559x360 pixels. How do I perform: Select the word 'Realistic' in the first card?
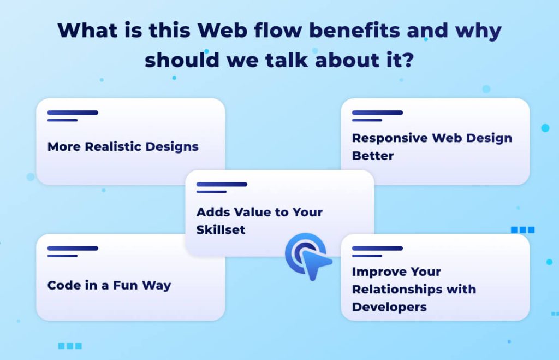tap(114, 146)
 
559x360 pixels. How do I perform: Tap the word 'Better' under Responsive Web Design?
tap(372, 156)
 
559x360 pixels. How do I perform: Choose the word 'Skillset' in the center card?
tap(221, 229)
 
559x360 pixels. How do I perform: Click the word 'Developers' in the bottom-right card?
tap(389, 306)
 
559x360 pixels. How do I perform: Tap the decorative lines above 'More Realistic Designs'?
tap(72, 116)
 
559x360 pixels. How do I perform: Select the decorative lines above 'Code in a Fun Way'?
tap(72, 251)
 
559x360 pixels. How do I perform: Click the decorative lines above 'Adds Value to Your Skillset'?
tap(221, 187)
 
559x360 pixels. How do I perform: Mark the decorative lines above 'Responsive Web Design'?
tap(377, 116)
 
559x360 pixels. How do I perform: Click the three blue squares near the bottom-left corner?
tap(69, 346)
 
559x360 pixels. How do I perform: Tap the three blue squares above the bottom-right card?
tap(522, 230)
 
